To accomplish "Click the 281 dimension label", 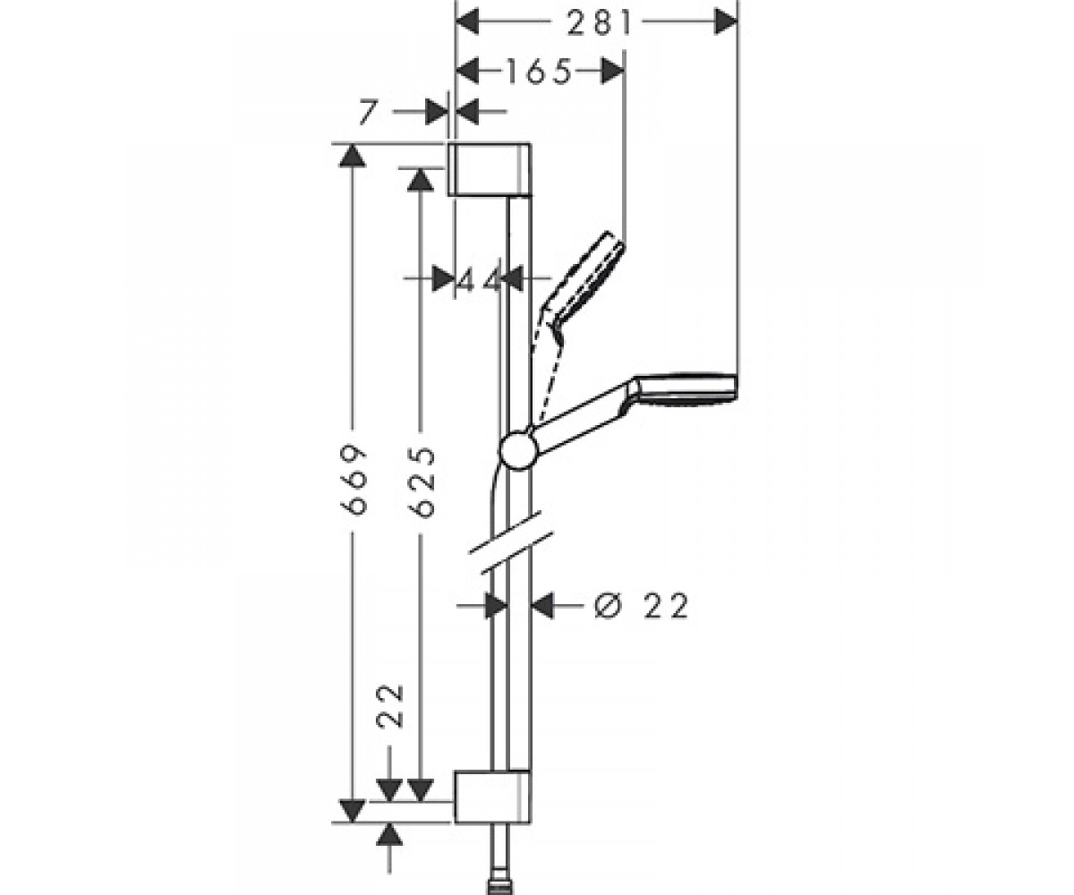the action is pyautogui.click(x=600, y=23).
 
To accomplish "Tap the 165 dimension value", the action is pyautogui.click(x=538, y=71).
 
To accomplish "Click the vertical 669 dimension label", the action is pyautogui.click(x=354, y=480).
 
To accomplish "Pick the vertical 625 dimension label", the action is pyautogui.click(x=422, y=482).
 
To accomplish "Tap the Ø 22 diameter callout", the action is pyautogui.click(x=641, y=606).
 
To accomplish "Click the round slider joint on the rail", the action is pyautogui.click(x=518, y=450).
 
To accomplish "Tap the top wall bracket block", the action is pyautogui.click(x=489, y=169).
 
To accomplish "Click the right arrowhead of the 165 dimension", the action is pyautogui.click(x=612, y=71).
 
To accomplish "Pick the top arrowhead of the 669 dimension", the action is pyautogui.click(x=353, y=156).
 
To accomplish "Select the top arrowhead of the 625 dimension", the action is pyautogui.click(x=421, y=179).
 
